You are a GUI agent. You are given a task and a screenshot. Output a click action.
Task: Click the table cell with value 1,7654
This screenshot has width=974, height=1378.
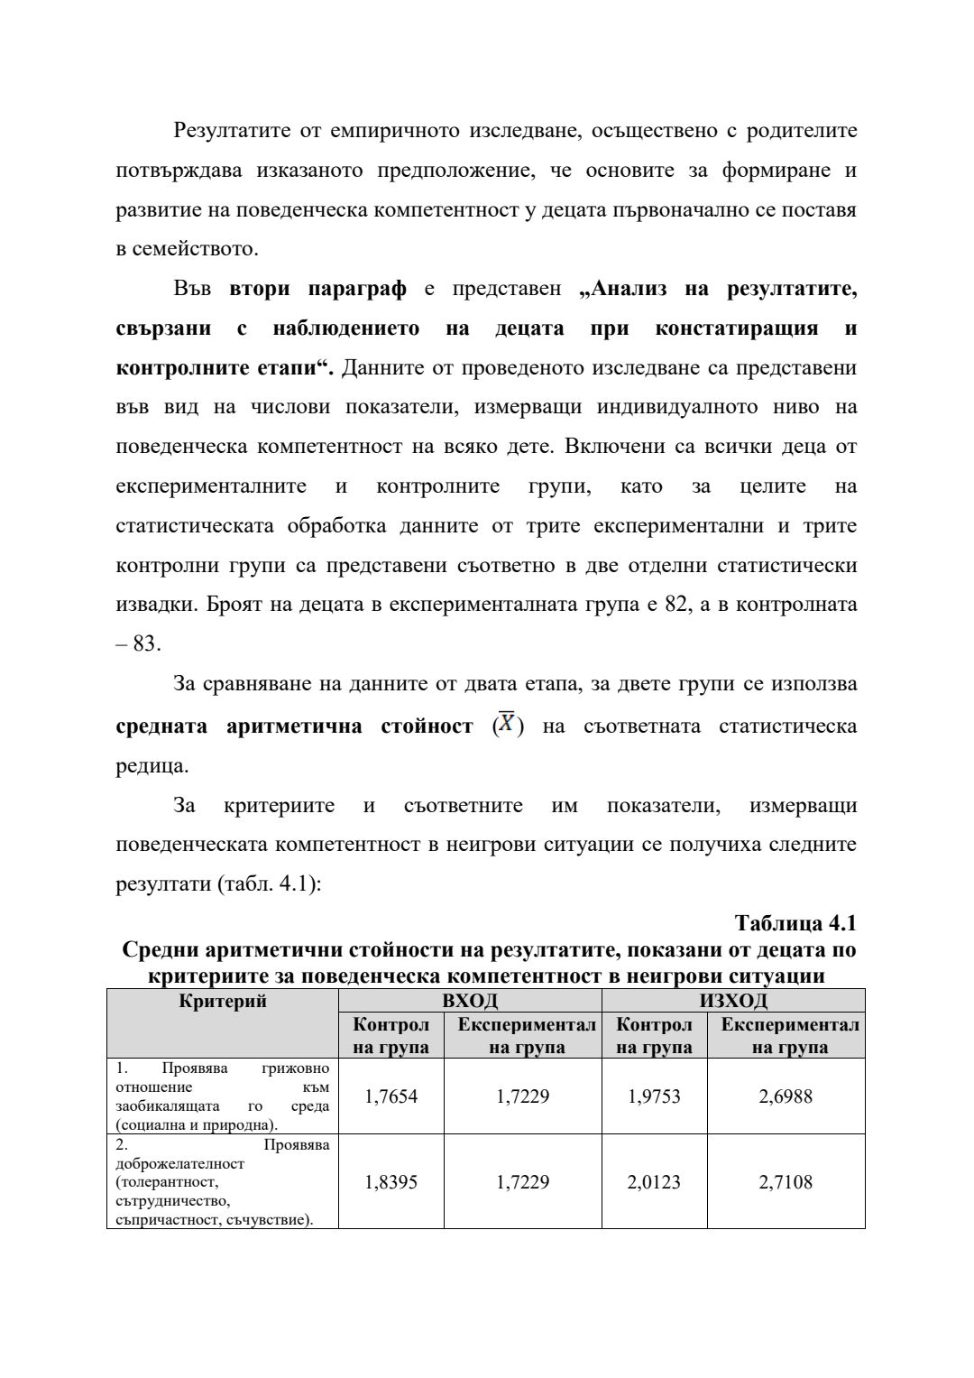391,1096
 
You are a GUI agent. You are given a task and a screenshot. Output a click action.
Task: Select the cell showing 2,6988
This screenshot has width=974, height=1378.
786,1096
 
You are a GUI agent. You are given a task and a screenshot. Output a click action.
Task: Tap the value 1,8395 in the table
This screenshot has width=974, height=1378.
391,1181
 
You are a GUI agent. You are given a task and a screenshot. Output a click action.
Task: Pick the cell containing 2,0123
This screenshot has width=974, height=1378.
654,1181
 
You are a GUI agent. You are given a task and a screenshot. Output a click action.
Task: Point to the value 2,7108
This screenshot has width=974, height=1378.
786,1181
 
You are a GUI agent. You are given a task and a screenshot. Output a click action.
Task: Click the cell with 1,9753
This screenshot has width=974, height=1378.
654,1096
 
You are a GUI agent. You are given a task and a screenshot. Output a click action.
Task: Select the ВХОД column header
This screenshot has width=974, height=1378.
469,1000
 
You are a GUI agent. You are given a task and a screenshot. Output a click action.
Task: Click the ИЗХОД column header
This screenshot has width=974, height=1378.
733,1000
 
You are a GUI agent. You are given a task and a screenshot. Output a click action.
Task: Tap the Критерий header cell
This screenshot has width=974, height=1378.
223,1000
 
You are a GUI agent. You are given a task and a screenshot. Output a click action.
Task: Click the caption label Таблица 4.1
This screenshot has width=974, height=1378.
795,923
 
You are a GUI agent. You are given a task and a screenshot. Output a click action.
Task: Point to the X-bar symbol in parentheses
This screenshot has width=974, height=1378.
509,726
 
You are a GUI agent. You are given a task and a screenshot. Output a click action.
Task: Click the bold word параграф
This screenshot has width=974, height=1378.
357,289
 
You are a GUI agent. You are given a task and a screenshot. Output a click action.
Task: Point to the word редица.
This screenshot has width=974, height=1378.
152,766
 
